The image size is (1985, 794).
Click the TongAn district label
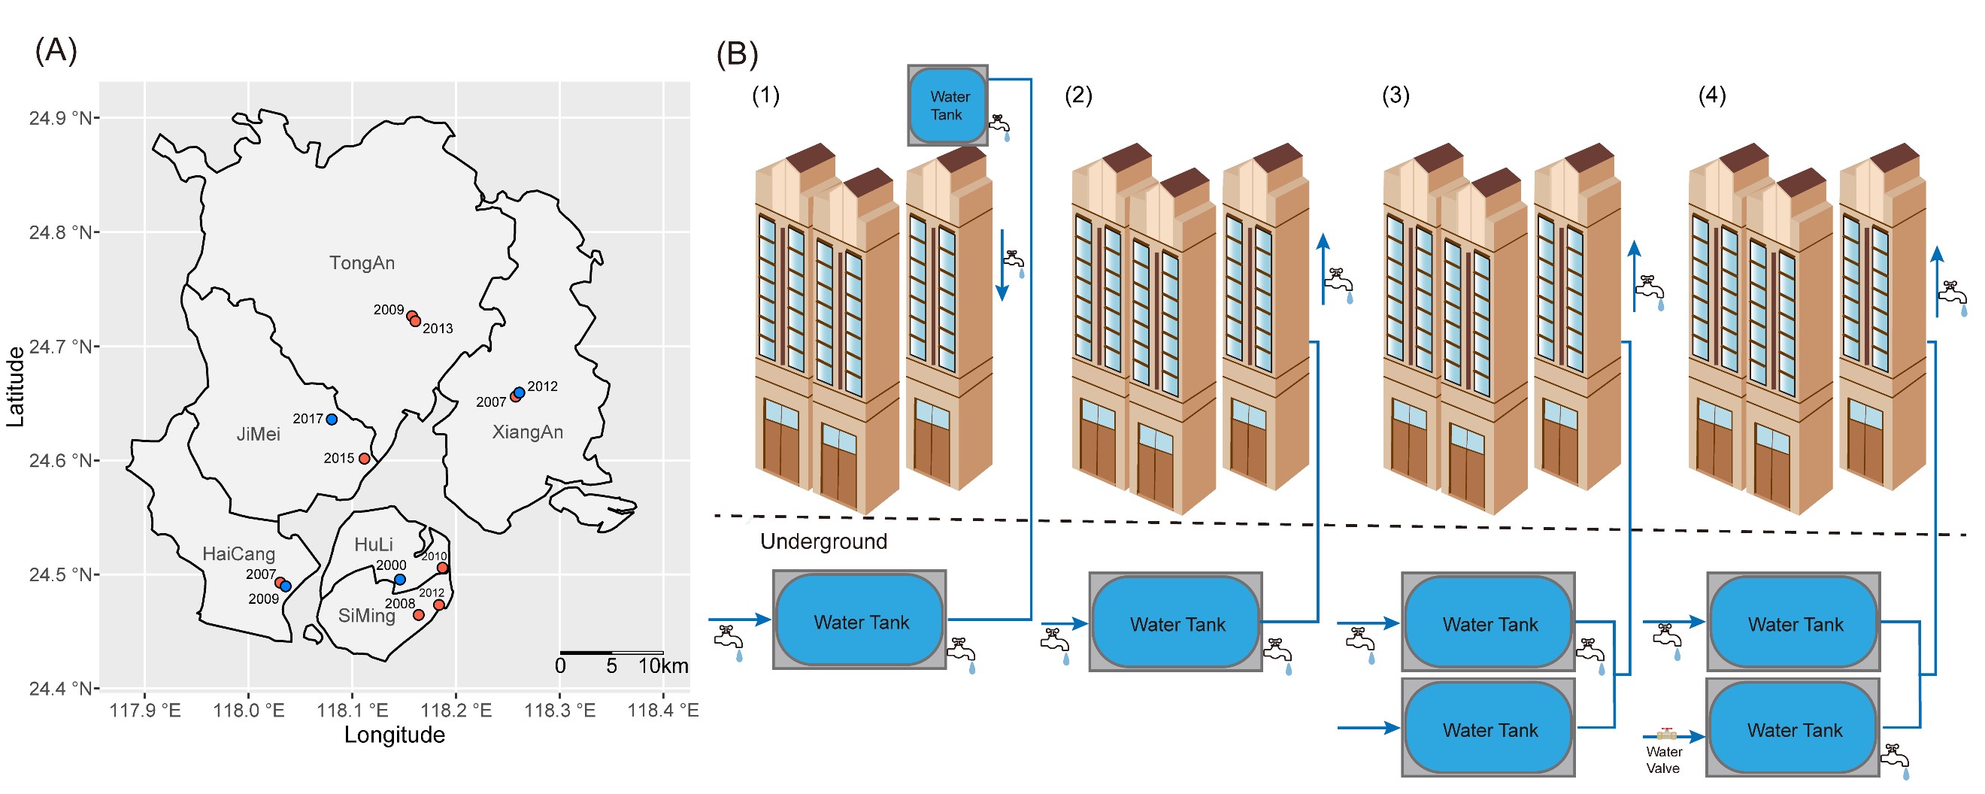(x=362, y=264)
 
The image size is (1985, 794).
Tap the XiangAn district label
(x=528, y=432)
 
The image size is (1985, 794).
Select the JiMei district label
(x=258, y=435)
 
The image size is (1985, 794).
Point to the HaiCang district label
(x=238, y=554)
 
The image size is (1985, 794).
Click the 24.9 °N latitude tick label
(x=61, y=119)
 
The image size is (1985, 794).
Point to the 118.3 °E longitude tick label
(x=560, y=711)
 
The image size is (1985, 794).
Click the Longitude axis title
(x=395, y=735)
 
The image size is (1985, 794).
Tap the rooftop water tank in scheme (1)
(x=948, y=105)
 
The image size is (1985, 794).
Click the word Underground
(x=824, y=542)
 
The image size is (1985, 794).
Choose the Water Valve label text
(x=1663, y=761)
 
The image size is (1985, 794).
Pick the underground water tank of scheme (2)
(x=1176, y=623)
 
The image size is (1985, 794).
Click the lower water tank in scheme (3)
(x=1489, y=729)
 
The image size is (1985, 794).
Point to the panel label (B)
(x=737, y=54)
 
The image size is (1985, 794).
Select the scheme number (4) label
(x=1712, y=95)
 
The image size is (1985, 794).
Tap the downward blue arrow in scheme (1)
(x=1002, y=266)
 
